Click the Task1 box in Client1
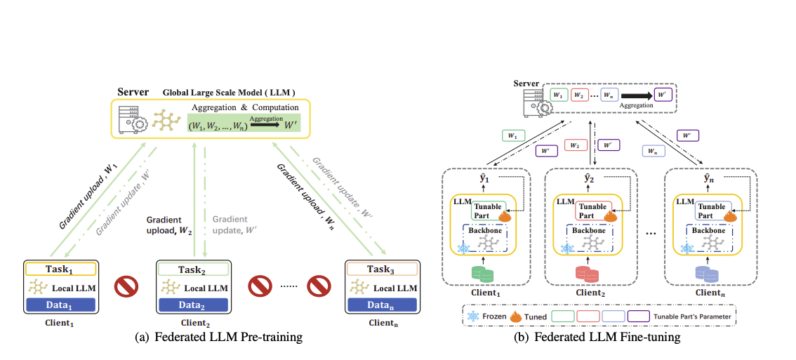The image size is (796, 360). (60, 269)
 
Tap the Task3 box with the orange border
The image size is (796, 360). (382, 269)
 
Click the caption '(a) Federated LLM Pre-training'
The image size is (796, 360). (218, 338)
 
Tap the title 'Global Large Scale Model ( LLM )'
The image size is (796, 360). (229, 92)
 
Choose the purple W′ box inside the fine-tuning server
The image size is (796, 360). (662, 94)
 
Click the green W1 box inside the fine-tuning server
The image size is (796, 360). (559, 94)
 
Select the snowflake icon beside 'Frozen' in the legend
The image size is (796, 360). (472, 316)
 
